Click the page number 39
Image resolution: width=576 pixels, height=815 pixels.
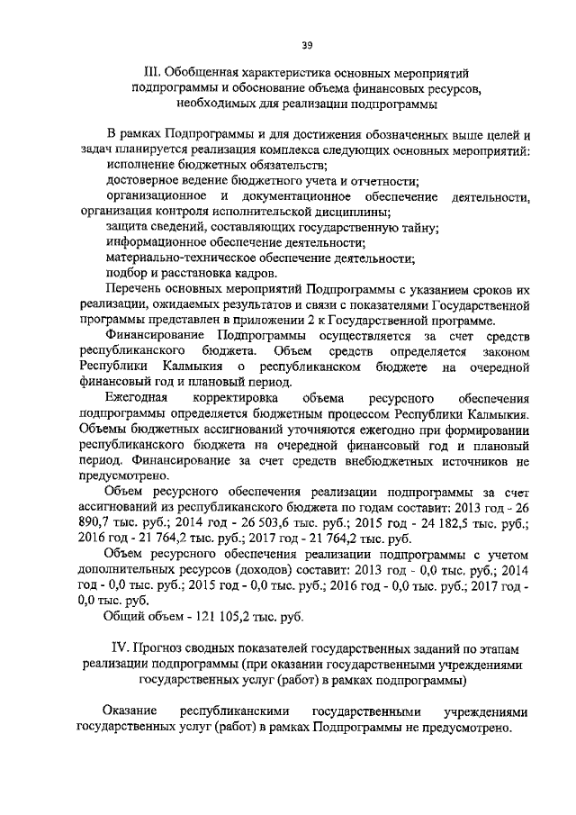[307, 45]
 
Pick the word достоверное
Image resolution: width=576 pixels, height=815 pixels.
[143, 180]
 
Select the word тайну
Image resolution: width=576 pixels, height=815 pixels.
[419, 228]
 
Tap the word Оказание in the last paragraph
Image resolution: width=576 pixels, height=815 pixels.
[130, 711]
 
